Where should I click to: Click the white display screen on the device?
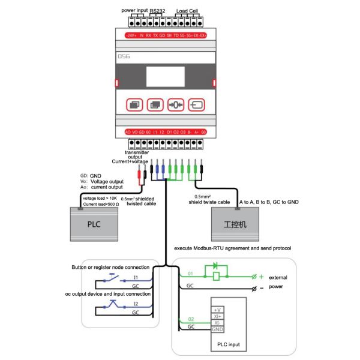click(x=165, y=76)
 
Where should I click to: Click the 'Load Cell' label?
click(x=187, y=10)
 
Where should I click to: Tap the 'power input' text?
click(x=136, y=10)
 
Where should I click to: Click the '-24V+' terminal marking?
click(x=130, y=35)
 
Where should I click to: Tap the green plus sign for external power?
click(x=261, y=276)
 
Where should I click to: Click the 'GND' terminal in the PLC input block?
click(x=218, y=329)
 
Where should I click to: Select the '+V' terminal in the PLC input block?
click(x=217, y=309)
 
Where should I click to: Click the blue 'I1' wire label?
click(x=136, y=278)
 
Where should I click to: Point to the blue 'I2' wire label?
click(x=136, y=304)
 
